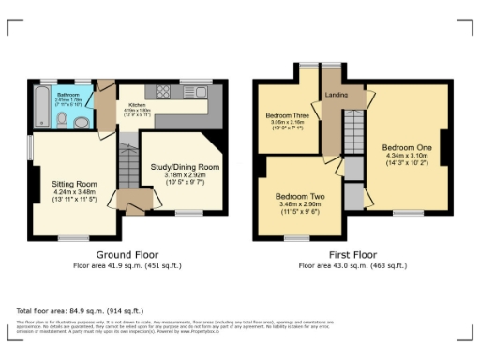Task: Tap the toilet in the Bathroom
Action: pyautogui.click(x=82, y=120)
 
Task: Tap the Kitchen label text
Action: pyautogui.click(x=135, y=105)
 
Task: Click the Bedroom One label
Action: pyautogui.click(x=406, y=148)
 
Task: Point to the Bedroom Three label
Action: pyautogui.click(x=288, y=115)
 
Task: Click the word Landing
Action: pyautogui.click(x=337, y=95)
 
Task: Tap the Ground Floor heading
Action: pyautogui.click(x=127, y=255)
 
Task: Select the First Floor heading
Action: pyautogui.click(x=352, y=255)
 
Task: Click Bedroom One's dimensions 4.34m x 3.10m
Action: pyautogui.click(x=406, y=157)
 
